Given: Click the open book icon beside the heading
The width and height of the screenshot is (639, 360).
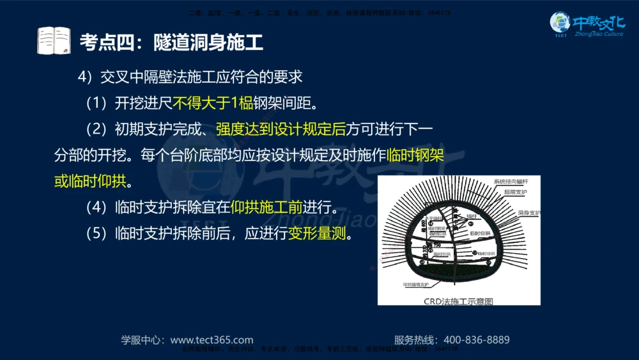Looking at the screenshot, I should coord(54,41).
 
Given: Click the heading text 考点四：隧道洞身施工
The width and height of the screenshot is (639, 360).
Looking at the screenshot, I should coord(171,43).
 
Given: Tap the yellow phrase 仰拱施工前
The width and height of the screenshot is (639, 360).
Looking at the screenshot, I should coord(266,208).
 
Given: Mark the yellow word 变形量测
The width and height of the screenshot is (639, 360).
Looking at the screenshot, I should coord(317,234).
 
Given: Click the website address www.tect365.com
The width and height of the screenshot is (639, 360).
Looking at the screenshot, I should coord(212,340).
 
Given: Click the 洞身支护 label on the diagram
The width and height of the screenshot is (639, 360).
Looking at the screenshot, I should coord(529,212).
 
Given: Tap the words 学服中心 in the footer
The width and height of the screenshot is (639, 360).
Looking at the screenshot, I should coord(142,340).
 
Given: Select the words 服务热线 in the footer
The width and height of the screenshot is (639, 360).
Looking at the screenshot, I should coord(415,340).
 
